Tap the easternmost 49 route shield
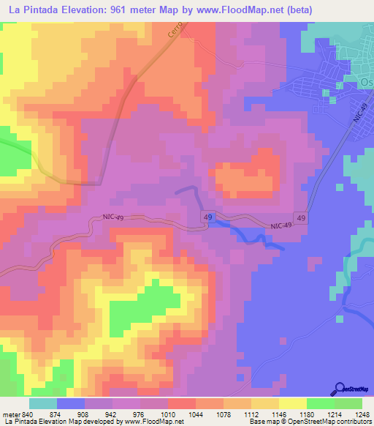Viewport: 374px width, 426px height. pos(299,217)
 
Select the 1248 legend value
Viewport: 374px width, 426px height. pos(362,414)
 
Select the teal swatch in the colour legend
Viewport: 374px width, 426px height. pos(43,403)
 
